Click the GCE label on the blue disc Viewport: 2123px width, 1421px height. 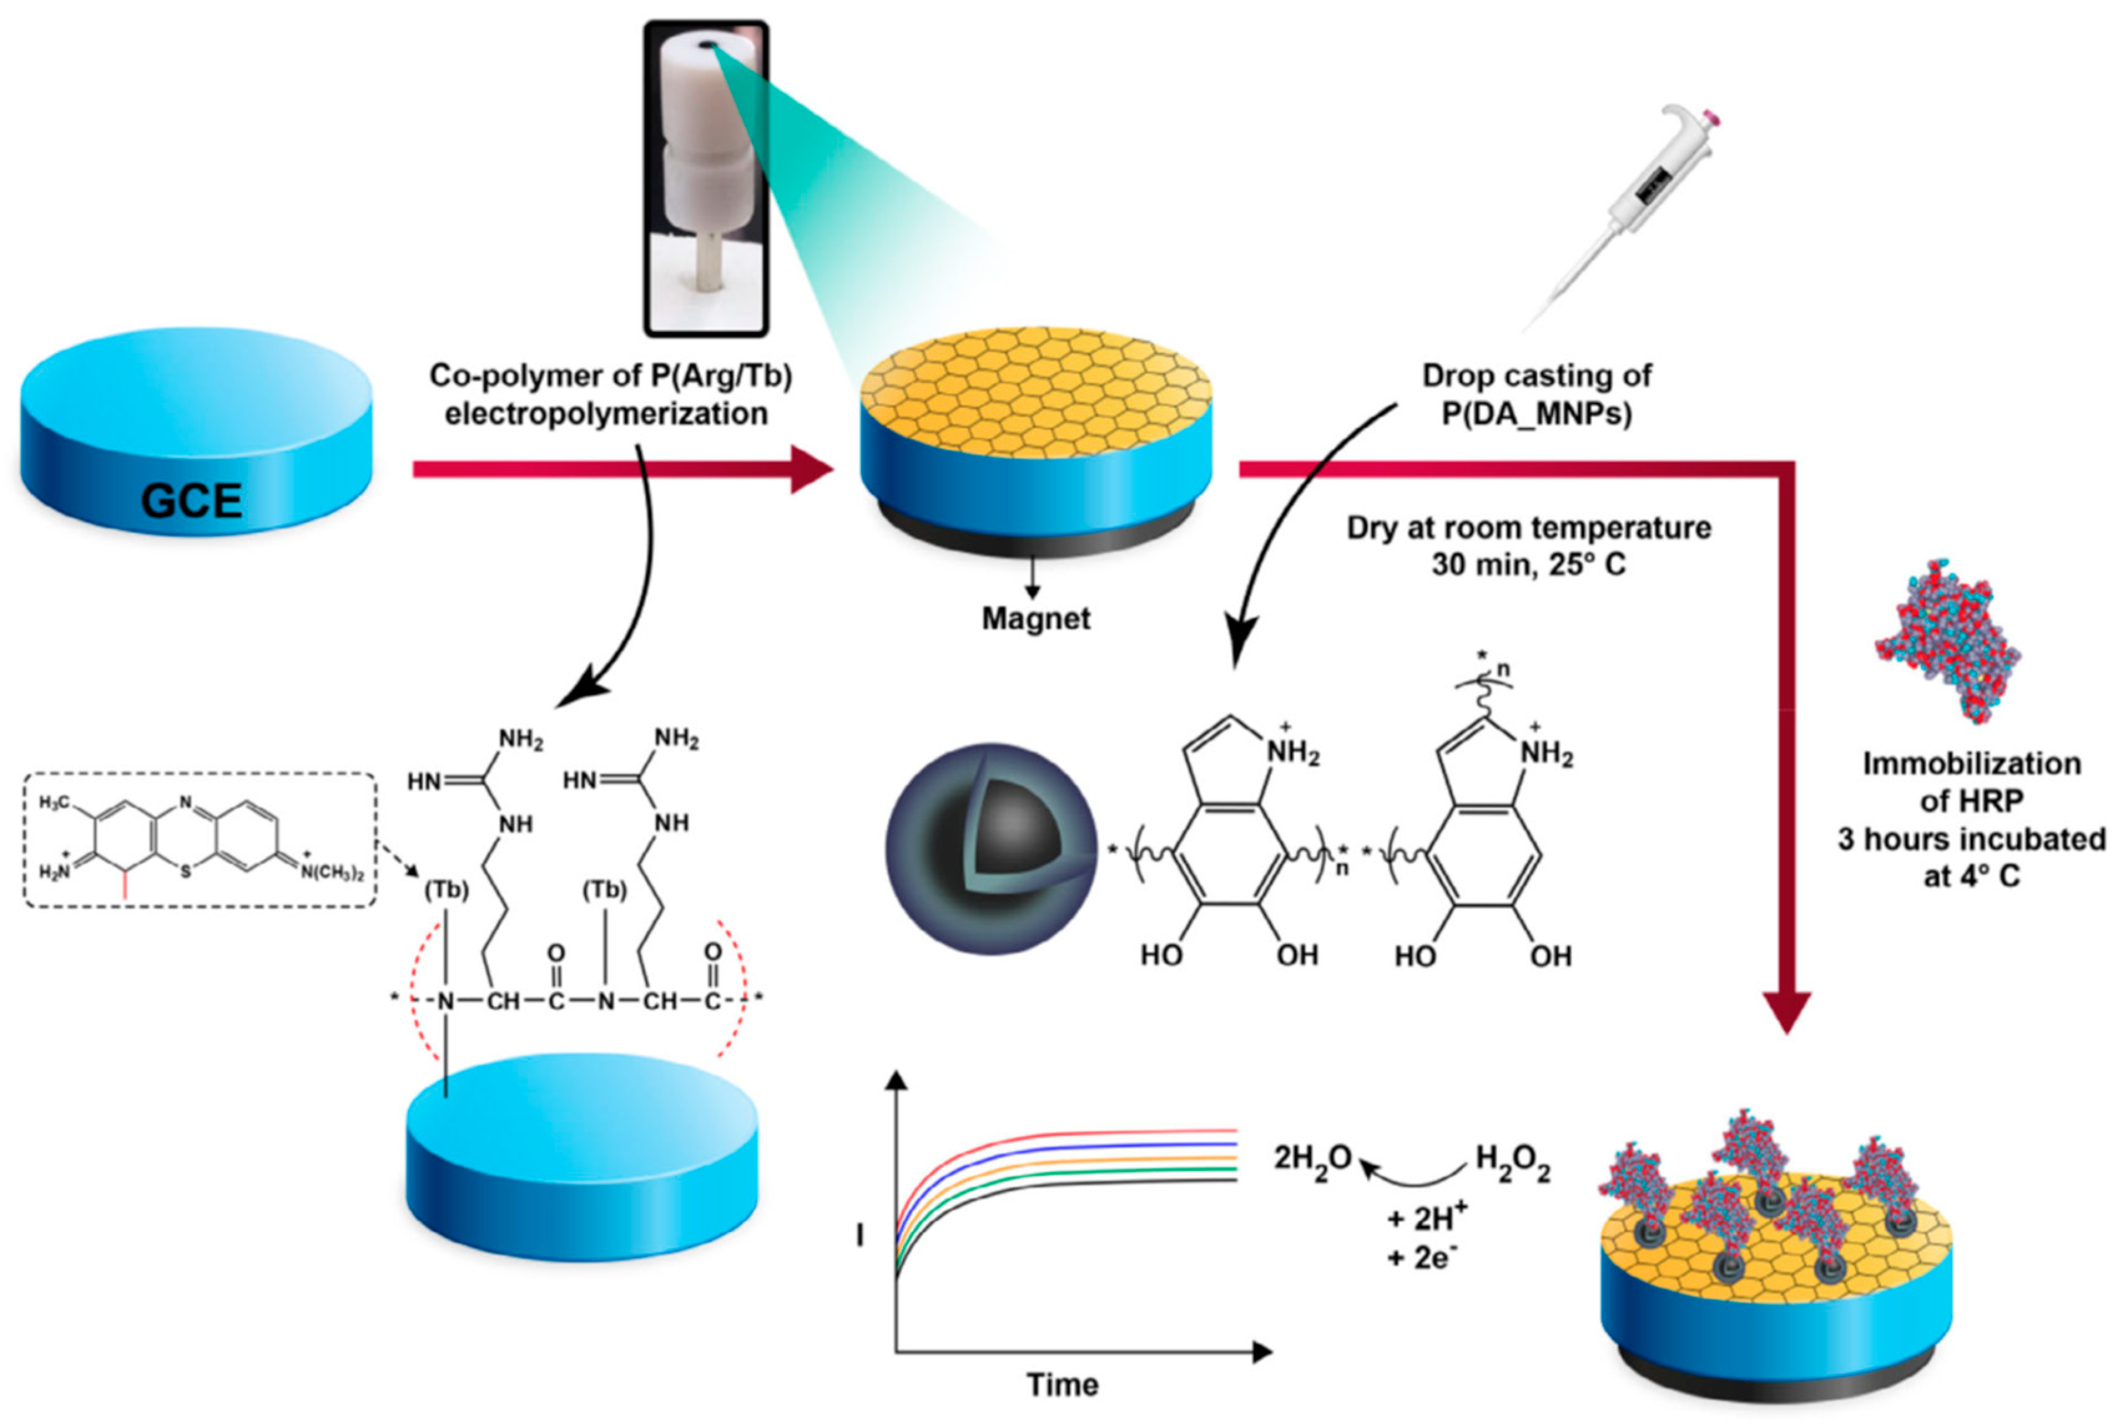192,500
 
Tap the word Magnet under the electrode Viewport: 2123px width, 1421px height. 1036,618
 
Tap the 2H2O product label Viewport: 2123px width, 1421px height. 1313,1158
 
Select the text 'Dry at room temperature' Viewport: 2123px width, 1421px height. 1529,528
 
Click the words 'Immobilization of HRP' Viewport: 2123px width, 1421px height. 1971,782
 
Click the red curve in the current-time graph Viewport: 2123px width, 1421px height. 1087,1132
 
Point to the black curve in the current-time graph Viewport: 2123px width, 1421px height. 1087,1181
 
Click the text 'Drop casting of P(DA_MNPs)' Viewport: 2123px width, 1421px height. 1537,394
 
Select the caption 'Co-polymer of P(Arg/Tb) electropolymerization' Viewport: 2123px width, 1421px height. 609,394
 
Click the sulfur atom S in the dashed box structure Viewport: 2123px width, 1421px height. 186,872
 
